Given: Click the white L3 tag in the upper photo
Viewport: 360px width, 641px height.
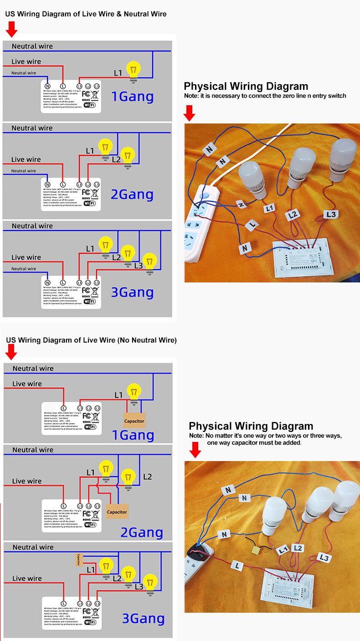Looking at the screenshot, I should [331, 214].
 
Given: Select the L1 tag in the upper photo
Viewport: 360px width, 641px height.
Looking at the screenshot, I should [270, 208].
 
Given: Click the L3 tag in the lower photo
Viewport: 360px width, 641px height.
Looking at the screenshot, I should [324, 557].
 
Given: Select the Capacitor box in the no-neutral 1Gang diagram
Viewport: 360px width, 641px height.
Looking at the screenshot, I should [134, 420].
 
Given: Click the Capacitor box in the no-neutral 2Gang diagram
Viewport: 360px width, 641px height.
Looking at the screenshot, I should [117, 512].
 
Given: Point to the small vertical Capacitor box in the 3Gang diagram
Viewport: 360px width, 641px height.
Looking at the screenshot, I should [79, 560].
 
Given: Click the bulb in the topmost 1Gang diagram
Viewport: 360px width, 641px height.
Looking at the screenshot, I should [133, 71].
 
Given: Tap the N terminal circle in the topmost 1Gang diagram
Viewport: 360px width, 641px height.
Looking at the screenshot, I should [47, 86].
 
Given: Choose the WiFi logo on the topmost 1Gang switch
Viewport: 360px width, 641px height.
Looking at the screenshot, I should [90, 105].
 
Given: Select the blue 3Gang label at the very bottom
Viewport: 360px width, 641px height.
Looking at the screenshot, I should [143, 618].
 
